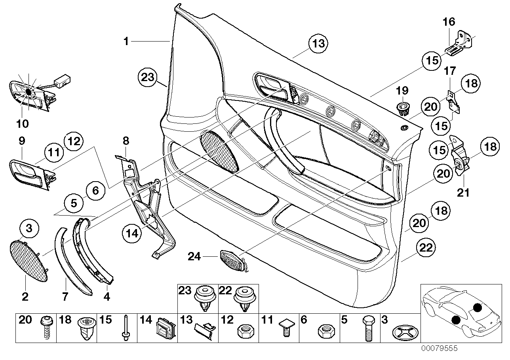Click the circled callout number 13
pos(319,44)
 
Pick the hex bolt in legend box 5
pos(367,328)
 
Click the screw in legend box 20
pos(46,328)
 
